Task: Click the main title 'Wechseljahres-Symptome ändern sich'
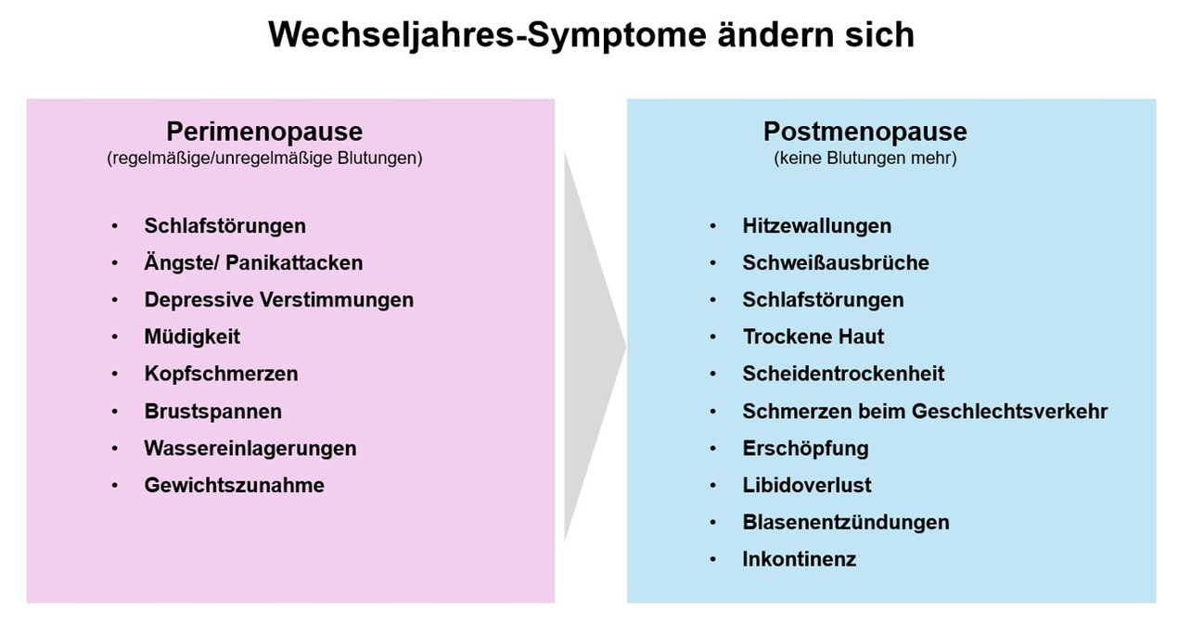[591, 34]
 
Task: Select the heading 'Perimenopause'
[264, 131]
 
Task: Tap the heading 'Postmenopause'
[864, 131]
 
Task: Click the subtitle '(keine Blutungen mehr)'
[864, 159]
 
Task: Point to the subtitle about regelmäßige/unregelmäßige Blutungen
[264, 159]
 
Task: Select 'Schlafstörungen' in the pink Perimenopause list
[224, 225]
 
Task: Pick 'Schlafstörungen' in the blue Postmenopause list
[823, 299]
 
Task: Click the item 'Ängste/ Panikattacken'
[253, 262]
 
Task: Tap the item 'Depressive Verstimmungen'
[278, 299]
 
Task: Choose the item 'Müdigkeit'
[192, 337]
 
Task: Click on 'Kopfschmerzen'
[221, 374]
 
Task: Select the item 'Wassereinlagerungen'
[250, 448]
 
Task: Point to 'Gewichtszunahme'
[234, 485]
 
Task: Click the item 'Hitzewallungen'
[816, 225]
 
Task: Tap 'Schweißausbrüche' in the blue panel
[835, 262]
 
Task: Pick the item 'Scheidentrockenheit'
[843, 374]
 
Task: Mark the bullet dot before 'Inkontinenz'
[712, 559]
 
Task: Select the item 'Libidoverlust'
[807, 485]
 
